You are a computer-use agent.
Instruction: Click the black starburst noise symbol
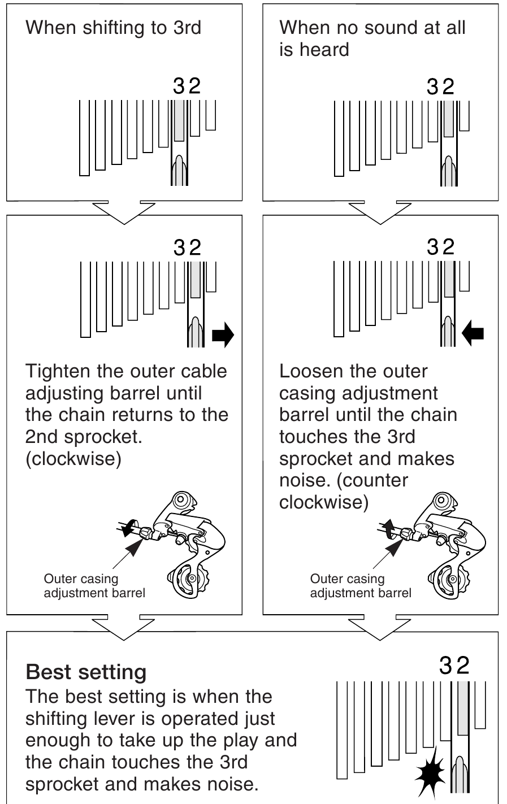tap(430, 770)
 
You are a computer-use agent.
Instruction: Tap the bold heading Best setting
tap(86, 672)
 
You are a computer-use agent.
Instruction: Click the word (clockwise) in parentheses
tap(73, 458)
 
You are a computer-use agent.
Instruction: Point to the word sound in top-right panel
tap(373, 28)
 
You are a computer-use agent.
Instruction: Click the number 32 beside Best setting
tap(454, 665)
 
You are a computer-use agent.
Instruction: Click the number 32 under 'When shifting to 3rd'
tap(187, 86)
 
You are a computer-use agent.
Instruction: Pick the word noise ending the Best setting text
tap(229, 784)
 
